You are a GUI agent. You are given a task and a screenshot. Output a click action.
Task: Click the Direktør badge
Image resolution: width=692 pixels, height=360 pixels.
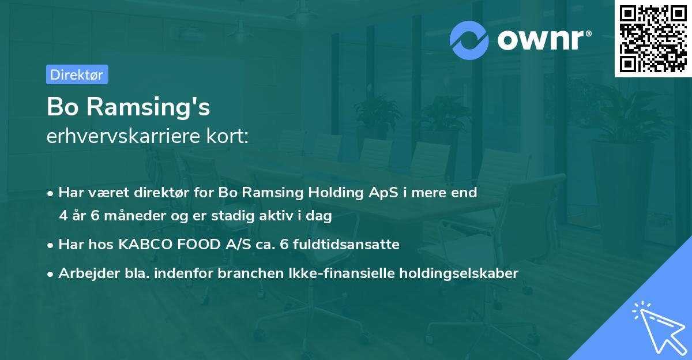click(77, 74)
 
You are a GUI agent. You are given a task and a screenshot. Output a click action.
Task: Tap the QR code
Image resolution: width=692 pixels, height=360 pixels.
click(653, 39)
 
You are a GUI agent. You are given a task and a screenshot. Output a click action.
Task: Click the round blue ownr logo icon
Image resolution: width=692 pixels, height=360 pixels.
click(469, 40)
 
